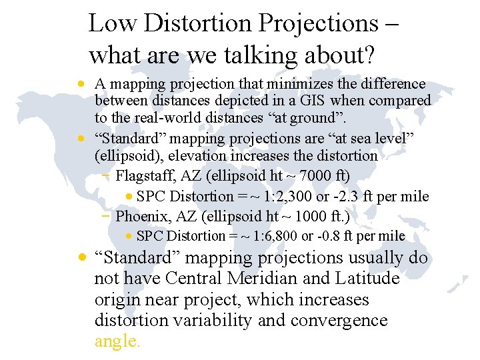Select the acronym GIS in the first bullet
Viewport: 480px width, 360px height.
point(313,101)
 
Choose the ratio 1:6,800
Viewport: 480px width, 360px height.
point(273,236)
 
